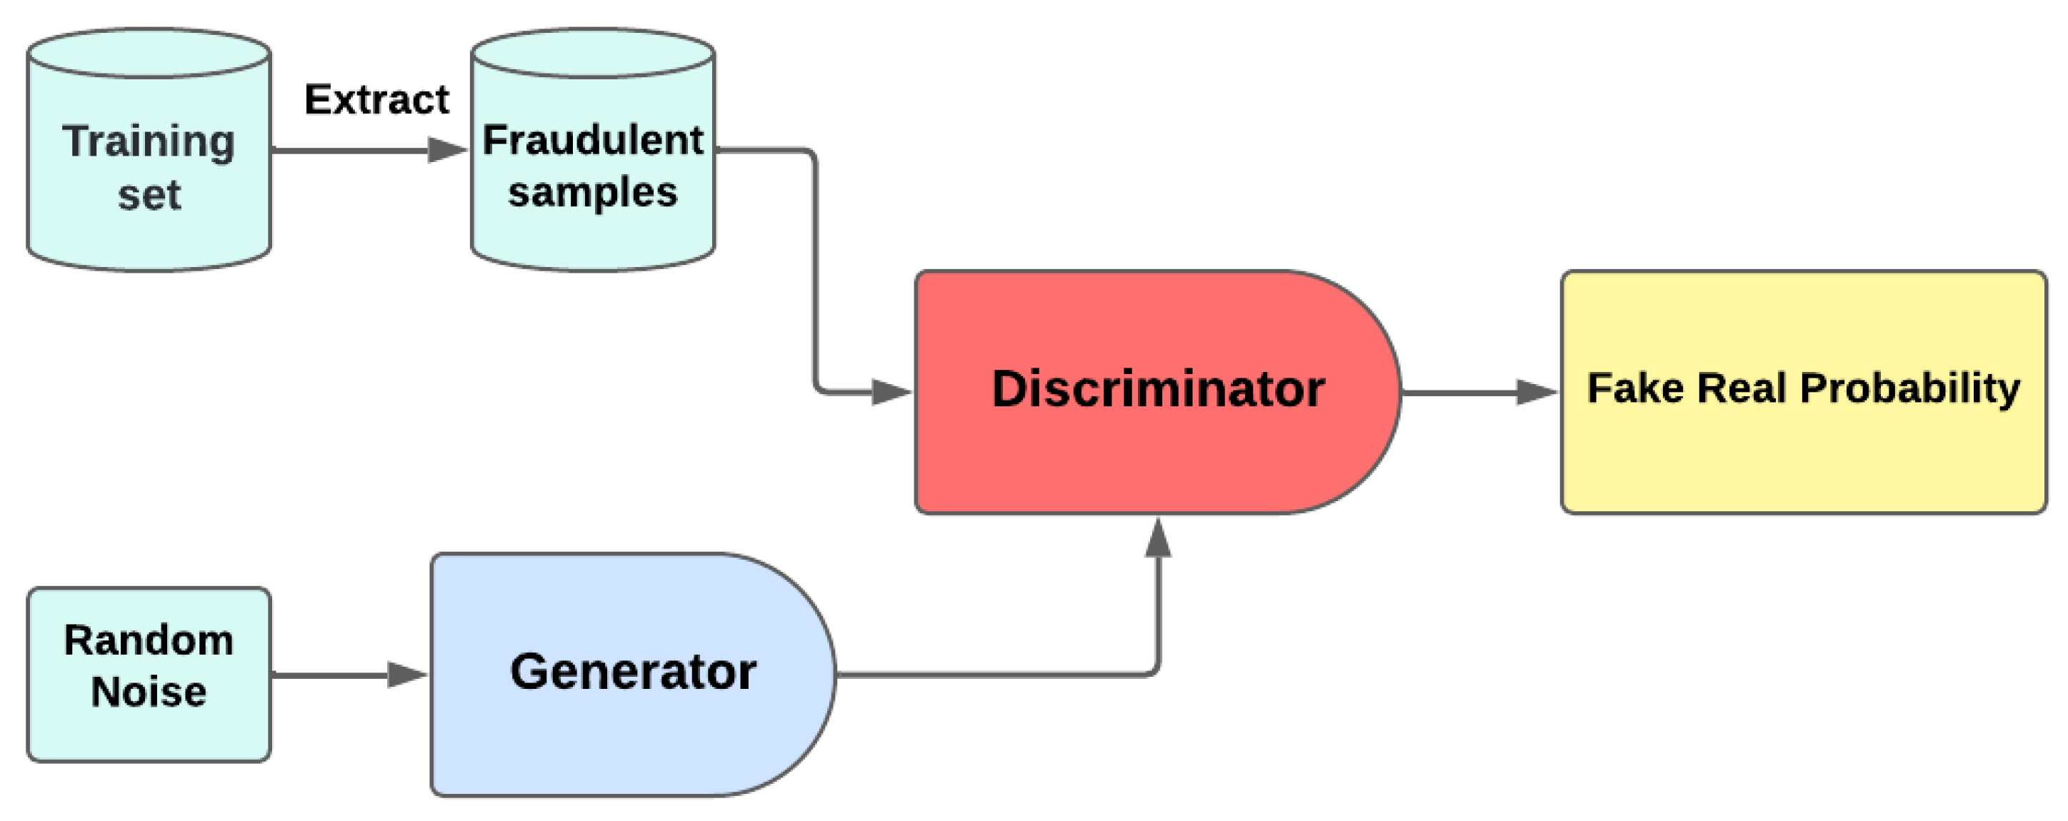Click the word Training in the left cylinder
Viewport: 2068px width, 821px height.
[149, 142]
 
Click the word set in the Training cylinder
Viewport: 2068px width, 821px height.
[149, 195]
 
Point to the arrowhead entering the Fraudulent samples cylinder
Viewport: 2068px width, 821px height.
[447, 150]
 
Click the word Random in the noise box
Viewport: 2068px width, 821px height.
[149, 640]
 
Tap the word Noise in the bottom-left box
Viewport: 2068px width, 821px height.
[149, 692]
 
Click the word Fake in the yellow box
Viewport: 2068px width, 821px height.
[1635, 388]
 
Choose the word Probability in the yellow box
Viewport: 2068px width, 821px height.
[1910, 388]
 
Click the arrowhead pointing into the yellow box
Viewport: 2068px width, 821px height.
[1536, 393]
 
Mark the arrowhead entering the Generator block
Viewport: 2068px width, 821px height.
[407, 675]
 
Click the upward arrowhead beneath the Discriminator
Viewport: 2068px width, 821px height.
[1158, 538]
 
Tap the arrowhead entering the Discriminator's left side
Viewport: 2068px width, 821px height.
[891, 393]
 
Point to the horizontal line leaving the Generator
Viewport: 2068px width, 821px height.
[987, 675]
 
